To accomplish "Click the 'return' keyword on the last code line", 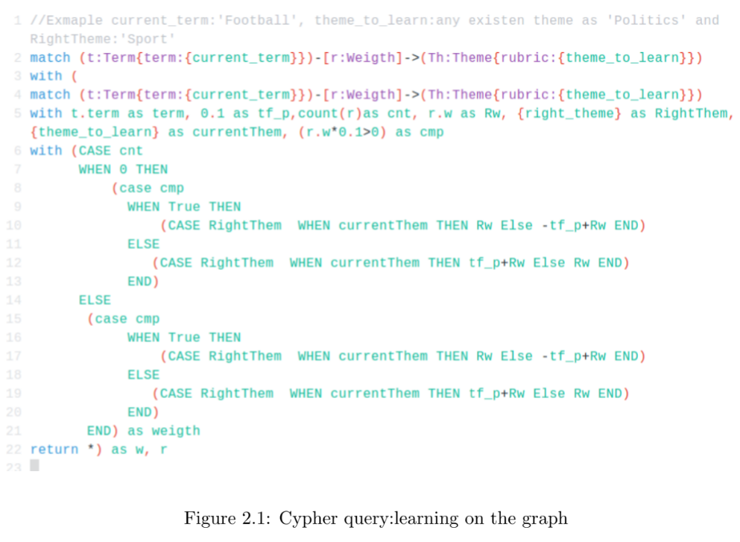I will pos(54,450).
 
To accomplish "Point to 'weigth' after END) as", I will pos(176,431).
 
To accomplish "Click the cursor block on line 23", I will pos(34,466).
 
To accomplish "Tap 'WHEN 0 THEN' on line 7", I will pos(123,169).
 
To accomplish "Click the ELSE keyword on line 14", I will pos(95,300).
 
